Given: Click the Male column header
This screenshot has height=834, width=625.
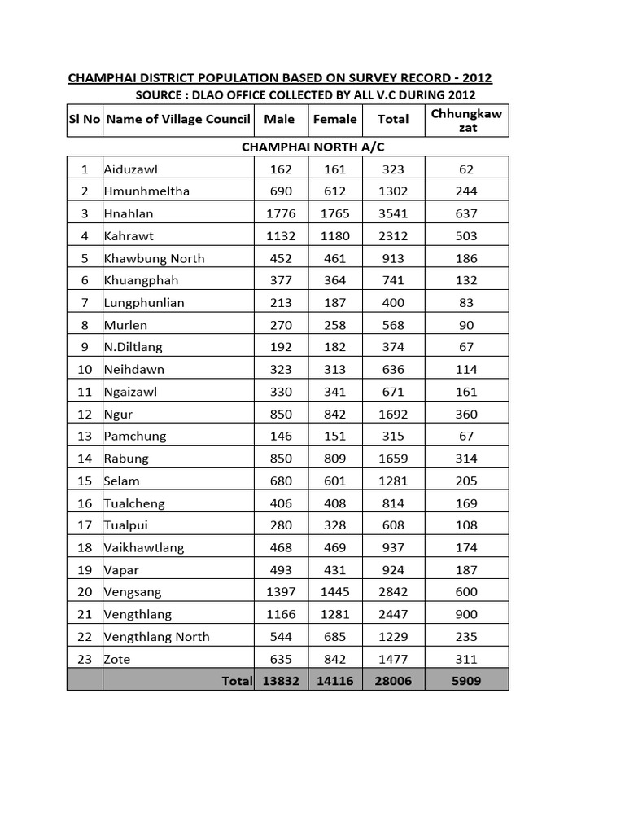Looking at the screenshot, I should tap(279, 119).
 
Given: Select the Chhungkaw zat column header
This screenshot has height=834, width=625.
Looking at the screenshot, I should tap(467, 120).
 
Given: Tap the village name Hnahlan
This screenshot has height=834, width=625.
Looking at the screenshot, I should tap(129, 213).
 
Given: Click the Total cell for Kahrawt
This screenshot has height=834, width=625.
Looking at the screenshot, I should tap(393, 236).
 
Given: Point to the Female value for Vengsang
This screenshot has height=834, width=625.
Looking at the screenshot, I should tap(334, 592).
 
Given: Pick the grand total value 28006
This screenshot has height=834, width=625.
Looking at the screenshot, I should tap(393, 681).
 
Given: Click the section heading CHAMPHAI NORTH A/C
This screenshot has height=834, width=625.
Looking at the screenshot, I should tap(300, 147).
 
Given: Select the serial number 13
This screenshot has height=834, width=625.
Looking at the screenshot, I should tap(84, 436).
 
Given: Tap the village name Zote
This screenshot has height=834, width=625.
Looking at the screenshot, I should tap(117, 659).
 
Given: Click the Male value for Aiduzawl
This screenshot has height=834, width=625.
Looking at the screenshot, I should tap(279, 169).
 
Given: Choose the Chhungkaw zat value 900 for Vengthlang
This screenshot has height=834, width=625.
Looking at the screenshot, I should tap(467, 614).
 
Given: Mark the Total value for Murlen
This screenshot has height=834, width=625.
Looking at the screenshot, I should tap(393, 325).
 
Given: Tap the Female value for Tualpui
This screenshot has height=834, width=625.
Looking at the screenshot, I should tap(334, 525).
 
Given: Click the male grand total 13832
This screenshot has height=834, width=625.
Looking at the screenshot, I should tap(279, 681).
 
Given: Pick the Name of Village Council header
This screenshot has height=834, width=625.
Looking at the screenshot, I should tap(178, 119).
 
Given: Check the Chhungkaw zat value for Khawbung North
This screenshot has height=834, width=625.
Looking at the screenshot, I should tap(467, 258).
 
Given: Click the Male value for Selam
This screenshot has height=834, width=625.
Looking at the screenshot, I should tap(279, 481).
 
